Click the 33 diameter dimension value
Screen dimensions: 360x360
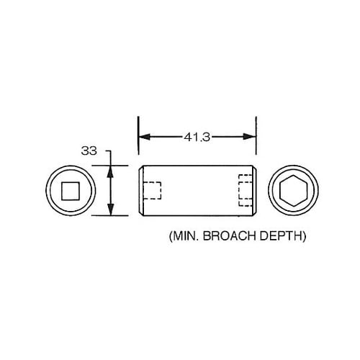89,151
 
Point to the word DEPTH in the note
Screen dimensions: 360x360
282,235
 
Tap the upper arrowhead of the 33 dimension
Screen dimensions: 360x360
109,171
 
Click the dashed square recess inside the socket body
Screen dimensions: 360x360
152,191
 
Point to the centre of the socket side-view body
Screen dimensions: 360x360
197,191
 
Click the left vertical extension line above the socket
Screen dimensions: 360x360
138,140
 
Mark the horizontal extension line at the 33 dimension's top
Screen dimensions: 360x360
122,165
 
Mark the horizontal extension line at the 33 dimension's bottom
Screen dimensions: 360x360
122,215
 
